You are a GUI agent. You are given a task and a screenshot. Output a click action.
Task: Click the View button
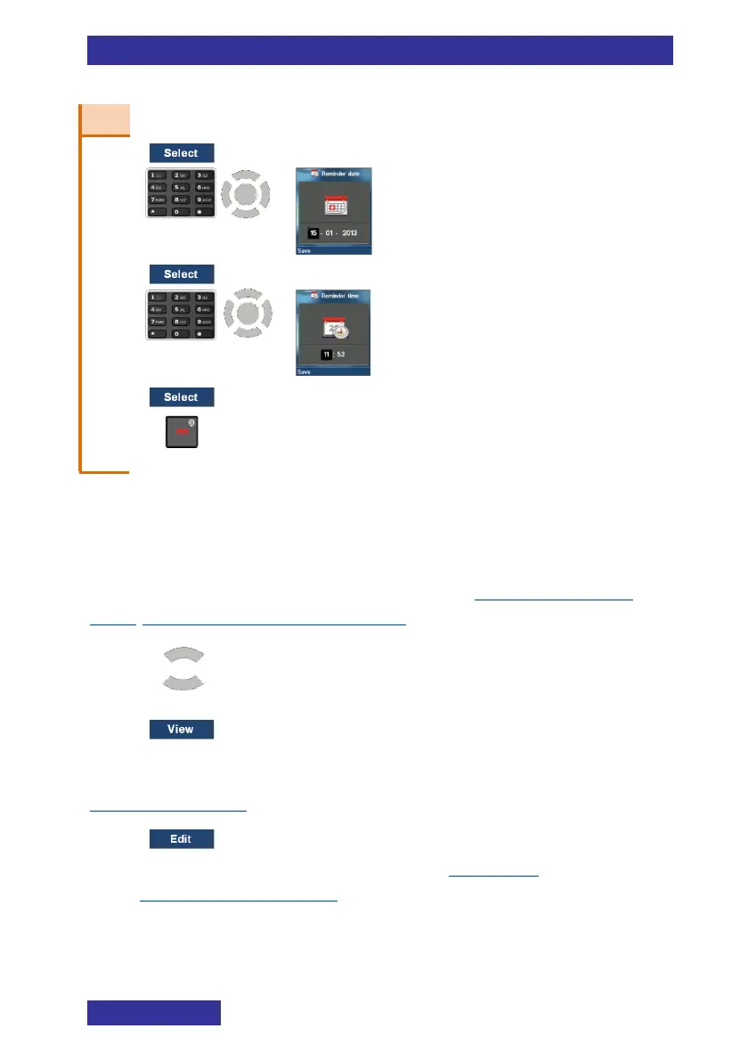point(181,730)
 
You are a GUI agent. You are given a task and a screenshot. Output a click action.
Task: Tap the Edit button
point(181,838)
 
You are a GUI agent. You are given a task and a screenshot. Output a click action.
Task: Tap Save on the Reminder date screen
point(305,251)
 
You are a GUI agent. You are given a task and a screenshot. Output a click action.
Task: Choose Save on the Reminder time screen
point(305,372)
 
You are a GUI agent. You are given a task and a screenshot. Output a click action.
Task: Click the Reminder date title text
point(341,174)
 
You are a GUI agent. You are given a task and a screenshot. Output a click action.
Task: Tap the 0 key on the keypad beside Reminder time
point(181,332)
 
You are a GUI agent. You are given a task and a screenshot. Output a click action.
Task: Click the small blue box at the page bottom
point(153,1013)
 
